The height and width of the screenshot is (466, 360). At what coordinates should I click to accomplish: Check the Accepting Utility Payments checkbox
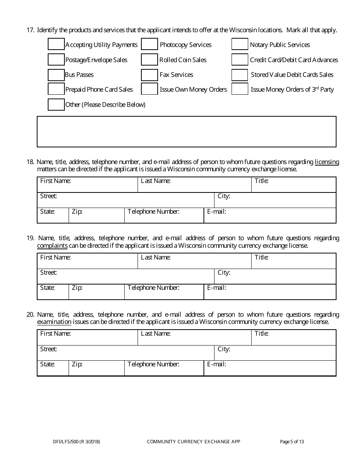click(x=56, y=45)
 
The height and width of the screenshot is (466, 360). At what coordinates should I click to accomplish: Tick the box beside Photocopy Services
click(x=149, y=45)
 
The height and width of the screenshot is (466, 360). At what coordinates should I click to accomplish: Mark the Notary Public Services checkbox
click(x=240, y=45)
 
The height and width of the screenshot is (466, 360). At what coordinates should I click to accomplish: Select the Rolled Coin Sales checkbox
click(x=149, y=60)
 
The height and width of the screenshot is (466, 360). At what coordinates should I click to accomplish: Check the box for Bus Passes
click(x=56, y=75)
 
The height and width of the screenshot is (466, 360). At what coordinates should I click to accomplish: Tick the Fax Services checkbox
click(x=149, y=75)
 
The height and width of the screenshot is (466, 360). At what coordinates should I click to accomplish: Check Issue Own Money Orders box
click(x=149, y=89)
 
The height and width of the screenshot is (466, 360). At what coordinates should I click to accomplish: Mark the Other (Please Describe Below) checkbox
click(x=56, y=105)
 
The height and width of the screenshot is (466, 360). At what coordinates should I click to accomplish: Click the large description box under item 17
click(x=186, y=131)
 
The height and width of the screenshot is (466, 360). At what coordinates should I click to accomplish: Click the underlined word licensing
click(x=327, y=162)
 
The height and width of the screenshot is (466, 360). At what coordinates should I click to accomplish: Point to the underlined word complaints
click(x=52, y=246)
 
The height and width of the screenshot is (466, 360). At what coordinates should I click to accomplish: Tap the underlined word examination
click(x=54, y=322)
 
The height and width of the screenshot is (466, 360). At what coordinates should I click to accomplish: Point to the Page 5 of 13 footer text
click(x=292, y=441)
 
